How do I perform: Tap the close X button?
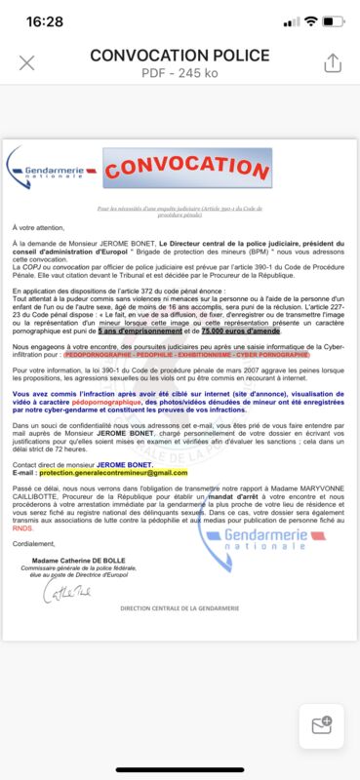[x=27, y=63]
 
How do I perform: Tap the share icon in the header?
[x=332, y=62]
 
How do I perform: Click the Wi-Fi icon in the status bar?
[x=311, y=20]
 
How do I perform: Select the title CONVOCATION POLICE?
[x=180, y=56]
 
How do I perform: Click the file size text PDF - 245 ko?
[x=180, y=72]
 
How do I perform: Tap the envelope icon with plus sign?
[x=321, y=726]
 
